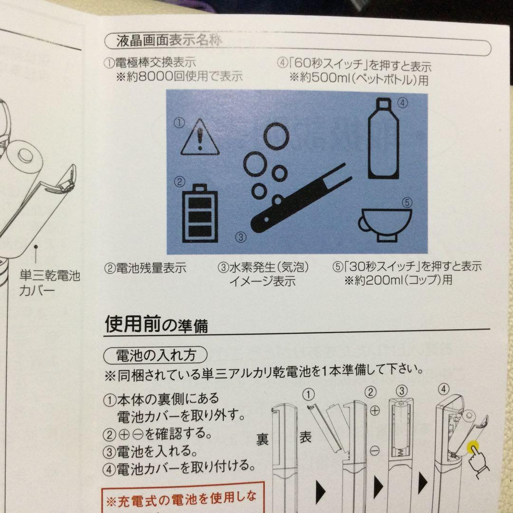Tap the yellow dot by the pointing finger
[x=473, y=447]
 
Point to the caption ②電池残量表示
[x=145, y=268]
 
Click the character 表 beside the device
[x=305, y=437]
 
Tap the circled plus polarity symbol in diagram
[x=374, y=409]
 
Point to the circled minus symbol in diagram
[x=374, y=449]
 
